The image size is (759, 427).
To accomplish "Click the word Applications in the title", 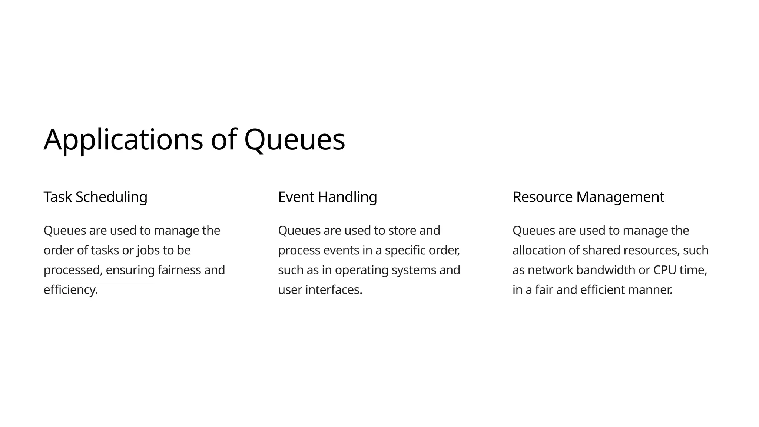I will (123, 140).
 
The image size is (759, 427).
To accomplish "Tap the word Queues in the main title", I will (294, 140).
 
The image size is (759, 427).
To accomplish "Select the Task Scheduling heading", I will (95, 197).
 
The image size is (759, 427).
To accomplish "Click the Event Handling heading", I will (327, 197).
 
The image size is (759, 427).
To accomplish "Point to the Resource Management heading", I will (588, 197).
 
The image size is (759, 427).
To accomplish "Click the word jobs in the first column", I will (148, 251).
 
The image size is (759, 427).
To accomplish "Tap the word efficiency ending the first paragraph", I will (70, 290).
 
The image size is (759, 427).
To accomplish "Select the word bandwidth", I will (606, 270).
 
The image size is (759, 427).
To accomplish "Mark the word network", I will (550, 270).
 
